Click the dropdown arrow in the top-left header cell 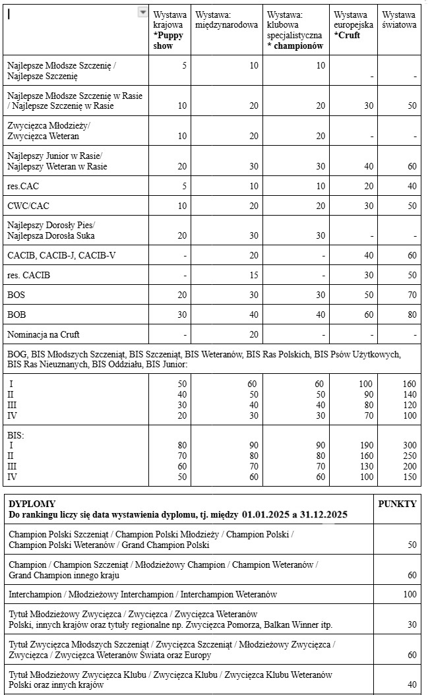[142, 13]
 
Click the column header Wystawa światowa [399, 20]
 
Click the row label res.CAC [23, 187]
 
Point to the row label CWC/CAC [28, 206]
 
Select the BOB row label [16, 315]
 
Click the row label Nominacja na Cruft [44, 334]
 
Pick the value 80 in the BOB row [412, 315]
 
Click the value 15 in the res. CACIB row [254, 275]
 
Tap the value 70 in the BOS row [412, 295]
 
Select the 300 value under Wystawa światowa [410, 445]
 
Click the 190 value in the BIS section [366, 445]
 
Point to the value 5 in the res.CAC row [184, 187]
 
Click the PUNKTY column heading [397, 504]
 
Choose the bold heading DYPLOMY [32, 504]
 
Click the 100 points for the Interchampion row [410, 594]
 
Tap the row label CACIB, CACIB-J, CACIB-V [61, 255]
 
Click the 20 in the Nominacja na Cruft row [254, 334]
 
